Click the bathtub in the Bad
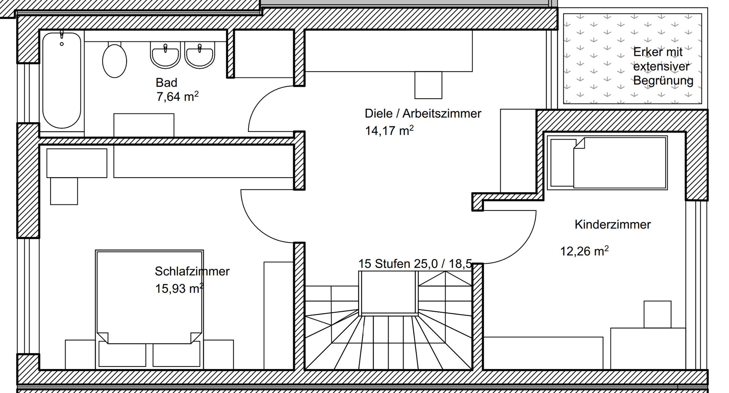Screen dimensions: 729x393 point(62,80)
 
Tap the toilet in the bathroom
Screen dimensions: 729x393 point(114,60)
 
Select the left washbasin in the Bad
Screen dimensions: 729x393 point(165,55)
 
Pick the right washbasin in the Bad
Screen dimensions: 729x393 point(199,55)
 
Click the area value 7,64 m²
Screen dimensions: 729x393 point(177,97)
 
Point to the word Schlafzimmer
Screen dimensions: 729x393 point(192,271)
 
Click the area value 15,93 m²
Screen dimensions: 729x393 point(179,288)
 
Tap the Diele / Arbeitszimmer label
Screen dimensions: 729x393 point(423,113)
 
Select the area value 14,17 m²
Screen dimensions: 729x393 point(389,130)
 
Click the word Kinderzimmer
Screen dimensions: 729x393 point(612,224)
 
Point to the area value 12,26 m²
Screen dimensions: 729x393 point(584,251)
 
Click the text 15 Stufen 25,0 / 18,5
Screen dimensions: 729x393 point(415,264)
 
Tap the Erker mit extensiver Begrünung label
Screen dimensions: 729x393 point(663,66)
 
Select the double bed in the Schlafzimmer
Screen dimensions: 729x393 point(149,309)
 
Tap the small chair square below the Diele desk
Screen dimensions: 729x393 point(428,85)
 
